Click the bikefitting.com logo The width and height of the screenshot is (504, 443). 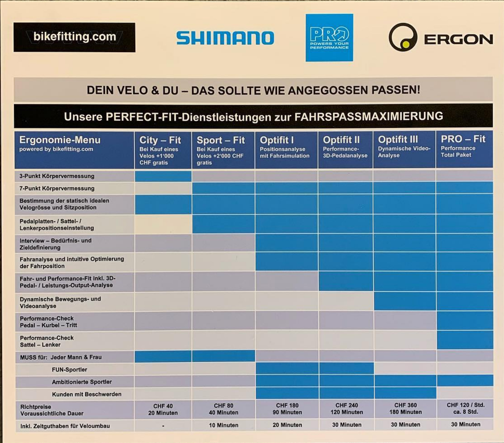(74, 37)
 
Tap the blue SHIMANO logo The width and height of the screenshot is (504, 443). (225, 38)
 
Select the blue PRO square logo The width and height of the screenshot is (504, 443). (329, 38)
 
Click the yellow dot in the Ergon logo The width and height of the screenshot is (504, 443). (406, 44)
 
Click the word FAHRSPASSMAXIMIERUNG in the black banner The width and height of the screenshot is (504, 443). (368, 117)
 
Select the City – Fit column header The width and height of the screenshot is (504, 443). (160, 140)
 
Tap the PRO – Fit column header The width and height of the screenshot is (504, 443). (463, 139)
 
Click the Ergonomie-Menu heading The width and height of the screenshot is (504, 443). (60, 140)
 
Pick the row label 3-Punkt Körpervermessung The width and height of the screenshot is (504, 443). (57, 176)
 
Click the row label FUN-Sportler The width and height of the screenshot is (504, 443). (69, 370)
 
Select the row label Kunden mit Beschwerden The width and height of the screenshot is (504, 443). (86, 394)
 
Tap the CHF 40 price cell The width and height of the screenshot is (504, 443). (163, 406)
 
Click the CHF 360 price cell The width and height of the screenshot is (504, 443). (405, 405)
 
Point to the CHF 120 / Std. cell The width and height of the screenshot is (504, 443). (465, 405)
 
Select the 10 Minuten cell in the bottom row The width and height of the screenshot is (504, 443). (223, 425)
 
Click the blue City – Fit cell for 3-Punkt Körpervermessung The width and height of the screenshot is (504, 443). (163, 176)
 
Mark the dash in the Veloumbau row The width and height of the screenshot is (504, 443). (163, 426)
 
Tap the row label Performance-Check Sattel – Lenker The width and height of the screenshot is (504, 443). (47, 341)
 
